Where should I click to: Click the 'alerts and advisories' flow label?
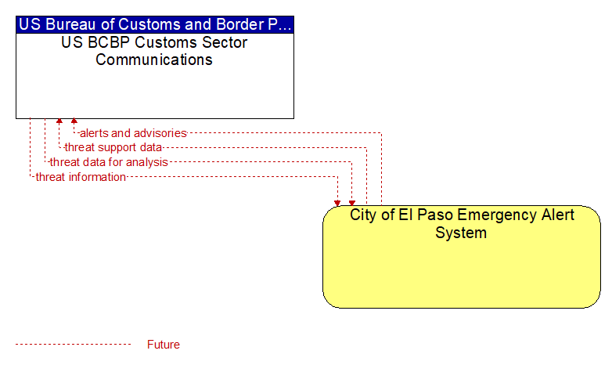point(133,133)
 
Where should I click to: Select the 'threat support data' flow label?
point(113,147)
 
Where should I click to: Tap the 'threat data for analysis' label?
point(109,162)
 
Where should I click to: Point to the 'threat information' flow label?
point(81,177)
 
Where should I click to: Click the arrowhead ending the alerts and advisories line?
point(74,121)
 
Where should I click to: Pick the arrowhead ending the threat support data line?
point(59,121)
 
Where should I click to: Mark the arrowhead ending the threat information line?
point(337,203)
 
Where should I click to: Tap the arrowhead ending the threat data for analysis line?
point(352,203)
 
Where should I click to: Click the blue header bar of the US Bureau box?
point(155,24)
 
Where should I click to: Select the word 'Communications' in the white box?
point(154,60)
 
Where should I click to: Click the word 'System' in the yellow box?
point(461,233)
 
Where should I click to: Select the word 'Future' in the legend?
point(164,345)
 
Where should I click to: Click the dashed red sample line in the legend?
point(74,345)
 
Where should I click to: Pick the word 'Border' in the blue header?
point(239,24)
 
